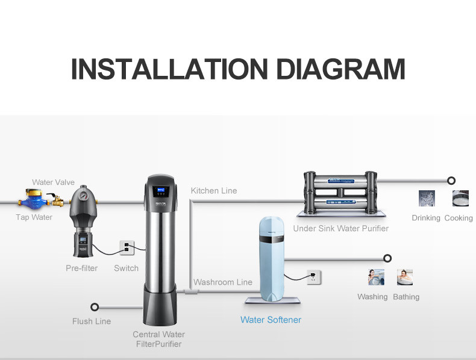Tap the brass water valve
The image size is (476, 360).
[56, 200]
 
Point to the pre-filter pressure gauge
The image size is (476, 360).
[83, 196]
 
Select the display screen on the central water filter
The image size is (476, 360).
[160, 191]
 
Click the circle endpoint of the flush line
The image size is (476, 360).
[95, 307]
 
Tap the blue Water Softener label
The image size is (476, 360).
[271, 320]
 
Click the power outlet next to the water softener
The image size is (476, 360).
[313, 277]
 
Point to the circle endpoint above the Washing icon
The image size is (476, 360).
[387, 258]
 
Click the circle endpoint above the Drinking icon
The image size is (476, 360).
[451, 181]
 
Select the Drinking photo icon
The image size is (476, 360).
[427, 198]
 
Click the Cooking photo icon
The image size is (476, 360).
[460, 198]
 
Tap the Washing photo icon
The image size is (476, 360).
[376, 277]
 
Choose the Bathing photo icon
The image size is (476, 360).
[405, 277]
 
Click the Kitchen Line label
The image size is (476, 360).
[214, 190]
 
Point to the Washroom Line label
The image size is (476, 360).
[223, 282]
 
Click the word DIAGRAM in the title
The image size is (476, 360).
[340, 69]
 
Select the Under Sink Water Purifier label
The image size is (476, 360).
[340, 228]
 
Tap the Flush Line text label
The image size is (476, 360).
[92, 321]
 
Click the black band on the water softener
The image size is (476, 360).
[272, 239]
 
